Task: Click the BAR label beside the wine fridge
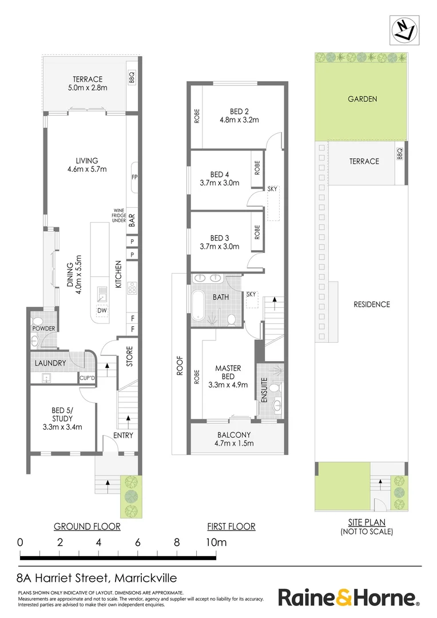[x=131, y=221]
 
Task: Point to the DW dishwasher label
[x=102, y=311]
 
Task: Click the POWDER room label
[x=43, y=328]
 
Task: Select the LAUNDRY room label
[x=50, y=363]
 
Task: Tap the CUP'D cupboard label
[x=86, y=378]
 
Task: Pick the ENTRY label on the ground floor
[x=123, y=435]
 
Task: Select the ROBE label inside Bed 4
[x=257, y=167]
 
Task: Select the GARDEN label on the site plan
[x=363, y=99]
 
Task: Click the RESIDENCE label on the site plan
[x=371, y=304]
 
